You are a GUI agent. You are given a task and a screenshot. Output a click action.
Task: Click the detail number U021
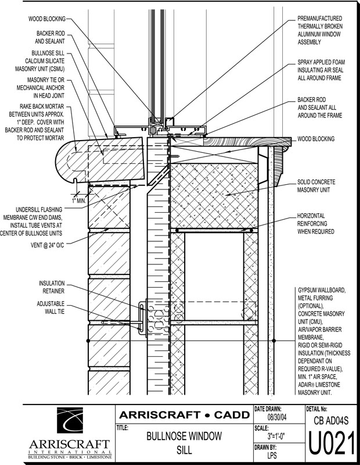[x=332, y=446]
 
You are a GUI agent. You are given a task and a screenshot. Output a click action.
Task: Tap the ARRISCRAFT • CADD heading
[x=183, y=415]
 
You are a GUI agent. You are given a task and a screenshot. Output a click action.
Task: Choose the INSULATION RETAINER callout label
[x=52, y=287]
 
